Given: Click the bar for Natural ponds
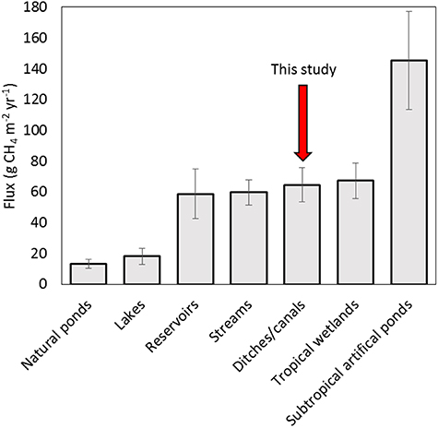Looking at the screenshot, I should click(89, 274).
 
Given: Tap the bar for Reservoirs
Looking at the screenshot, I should click(195, 239).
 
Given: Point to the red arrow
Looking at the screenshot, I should click(302, 120).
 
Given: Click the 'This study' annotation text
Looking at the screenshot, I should click(302, 69).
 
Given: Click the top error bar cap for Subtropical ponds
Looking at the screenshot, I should click(409, 11).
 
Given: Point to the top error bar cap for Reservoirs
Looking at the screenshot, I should click(195, 169).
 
